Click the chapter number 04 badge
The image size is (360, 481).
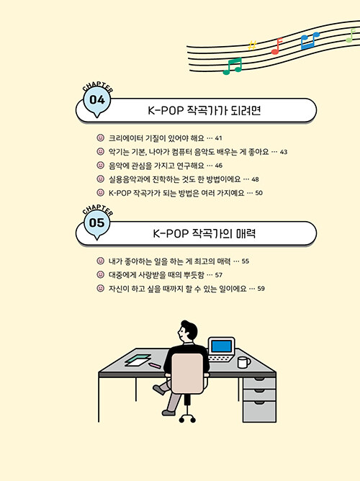(x=97, y=102)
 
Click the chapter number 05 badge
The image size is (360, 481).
(x=97, y=224)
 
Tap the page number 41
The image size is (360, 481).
(x=218, y=138)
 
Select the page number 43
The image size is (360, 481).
(x=284, y=152)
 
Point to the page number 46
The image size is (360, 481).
(x=219, y=166)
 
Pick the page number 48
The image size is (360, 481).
(x=255, y=179)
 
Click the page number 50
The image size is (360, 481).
(x=258, y=193)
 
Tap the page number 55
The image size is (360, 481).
(x=246, y=261)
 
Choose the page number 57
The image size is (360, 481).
(x=219, y=275)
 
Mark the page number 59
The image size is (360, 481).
(x=261, y=289)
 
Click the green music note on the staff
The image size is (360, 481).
(x=233, y=66)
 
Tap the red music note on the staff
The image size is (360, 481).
(x=276, y=46)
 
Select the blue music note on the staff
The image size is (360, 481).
(x=309, y=40)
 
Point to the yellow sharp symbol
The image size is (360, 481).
(x=252, y=45)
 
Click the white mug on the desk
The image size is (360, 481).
(x=244, y=362)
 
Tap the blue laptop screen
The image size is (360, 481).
(x=221, y=346)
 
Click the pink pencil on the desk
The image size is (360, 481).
(x=155, y=365)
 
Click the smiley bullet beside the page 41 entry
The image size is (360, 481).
(x=101, y=138)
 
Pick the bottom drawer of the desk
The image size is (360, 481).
(x=259, y=411)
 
